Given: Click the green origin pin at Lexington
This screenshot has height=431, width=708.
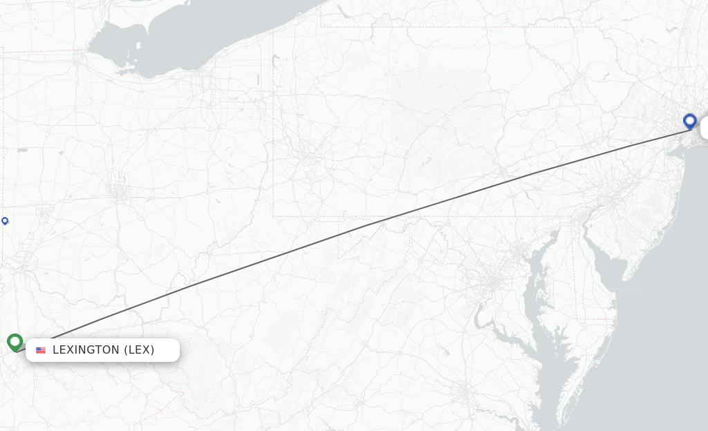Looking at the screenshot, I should pyautogui.click(x=15, y=342).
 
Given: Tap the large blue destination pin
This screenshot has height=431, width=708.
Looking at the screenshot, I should pyautogui.click(x=689, y=122).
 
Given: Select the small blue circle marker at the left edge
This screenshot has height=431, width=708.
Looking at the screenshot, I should pyautogui.click(x=5, y=221).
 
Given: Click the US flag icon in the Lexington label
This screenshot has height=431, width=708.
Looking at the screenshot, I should pyautogui.click(x=41, y=350).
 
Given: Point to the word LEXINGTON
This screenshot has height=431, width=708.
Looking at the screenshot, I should pyautogui.click(x=86, y=350).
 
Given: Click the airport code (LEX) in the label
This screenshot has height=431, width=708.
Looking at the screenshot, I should pyautogui.click(x=139, y=350).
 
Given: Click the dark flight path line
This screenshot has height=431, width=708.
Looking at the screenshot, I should pyautogui.click(x=360, y=227).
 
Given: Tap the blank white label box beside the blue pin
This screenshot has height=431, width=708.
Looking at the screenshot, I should pyautogui.click(x=705, y=128).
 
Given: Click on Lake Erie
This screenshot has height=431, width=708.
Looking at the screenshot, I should pyautogui.click(x=207, y=35).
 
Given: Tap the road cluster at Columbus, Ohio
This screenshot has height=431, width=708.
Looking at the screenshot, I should pyautogui.click(x=119, y=192).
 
